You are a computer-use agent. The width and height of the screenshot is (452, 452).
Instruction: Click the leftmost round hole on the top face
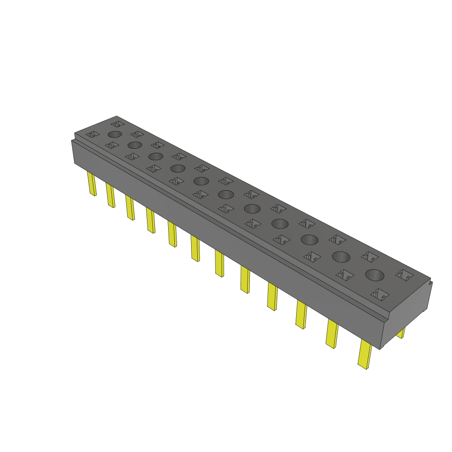(114, 134)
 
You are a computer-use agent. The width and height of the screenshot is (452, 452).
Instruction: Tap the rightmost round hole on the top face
(374, 275)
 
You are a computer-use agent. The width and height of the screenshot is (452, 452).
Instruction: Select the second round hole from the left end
(135, 145)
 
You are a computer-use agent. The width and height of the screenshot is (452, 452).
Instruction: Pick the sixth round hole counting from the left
(226, 194)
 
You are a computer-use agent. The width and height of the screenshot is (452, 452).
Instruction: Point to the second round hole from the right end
(341, 256)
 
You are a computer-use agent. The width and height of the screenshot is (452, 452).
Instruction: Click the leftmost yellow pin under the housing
(92, 184)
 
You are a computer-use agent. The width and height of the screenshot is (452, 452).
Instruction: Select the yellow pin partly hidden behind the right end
(401, 333)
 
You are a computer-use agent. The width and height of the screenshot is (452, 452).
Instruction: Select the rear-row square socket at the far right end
(404, 275)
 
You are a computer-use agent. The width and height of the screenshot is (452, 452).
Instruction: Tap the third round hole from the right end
(309, 240)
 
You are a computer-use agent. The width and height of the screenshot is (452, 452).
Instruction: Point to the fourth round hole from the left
(177, 168)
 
